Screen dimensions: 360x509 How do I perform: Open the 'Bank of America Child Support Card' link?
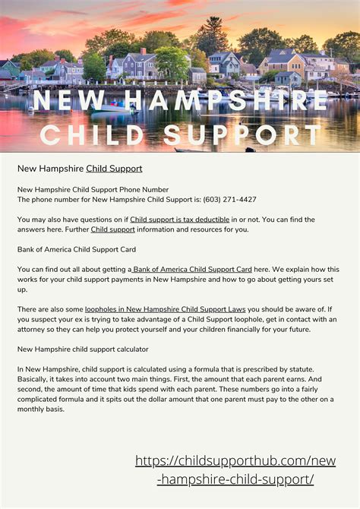(x=192, y=269)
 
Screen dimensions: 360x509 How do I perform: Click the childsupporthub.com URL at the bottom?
(x=235, y=470)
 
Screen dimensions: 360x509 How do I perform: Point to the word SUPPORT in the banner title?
(x=242, y=135)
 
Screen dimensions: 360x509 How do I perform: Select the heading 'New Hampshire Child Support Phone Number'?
(x=93, y=189)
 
